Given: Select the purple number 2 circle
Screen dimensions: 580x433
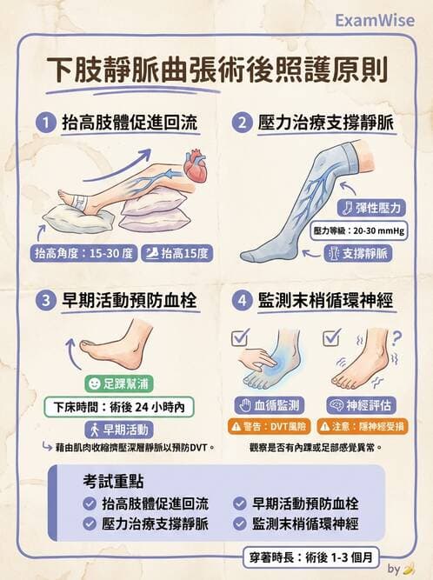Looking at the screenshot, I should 242,123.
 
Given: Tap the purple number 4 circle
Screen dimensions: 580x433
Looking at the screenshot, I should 242,302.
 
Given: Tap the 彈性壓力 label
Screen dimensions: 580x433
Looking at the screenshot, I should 370,208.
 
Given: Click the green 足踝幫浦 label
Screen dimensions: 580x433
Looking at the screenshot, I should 119,382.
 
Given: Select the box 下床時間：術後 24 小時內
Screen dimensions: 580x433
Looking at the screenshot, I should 118,406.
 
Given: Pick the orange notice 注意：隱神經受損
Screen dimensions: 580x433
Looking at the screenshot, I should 359,426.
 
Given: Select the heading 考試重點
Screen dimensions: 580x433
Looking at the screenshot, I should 113,479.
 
